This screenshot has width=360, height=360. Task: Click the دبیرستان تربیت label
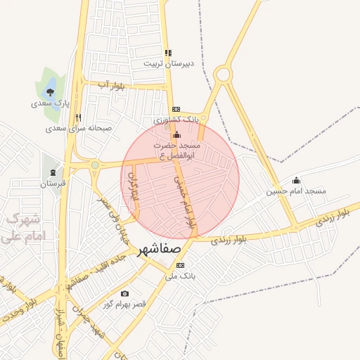click(x=168, y=63)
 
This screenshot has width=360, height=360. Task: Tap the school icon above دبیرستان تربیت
click(x=167, y=53)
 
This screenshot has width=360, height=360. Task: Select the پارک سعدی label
click(x=50, y=103)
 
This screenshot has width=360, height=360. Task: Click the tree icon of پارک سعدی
click(x=50, y=91)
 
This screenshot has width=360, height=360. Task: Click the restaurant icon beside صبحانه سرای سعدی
click(x=78, y=118)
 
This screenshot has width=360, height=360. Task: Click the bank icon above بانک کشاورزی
click(x=176, y=109)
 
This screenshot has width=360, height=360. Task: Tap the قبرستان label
click(x=52, y=184)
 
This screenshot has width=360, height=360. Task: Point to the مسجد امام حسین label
click(x=296, y=191)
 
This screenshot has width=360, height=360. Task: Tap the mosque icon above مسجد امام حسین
click(x=296, y=180)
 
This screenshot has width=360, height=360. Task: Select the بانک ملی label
click(x=179, y=276)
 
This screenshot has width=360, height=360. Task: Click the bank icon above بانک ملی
click(x=181, y=266)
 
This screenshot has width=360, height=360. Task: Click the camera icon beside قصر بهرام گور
click(x=124, y=293)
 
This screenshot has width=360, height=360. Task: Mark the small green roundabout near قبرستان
click(x=94, y=165)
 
